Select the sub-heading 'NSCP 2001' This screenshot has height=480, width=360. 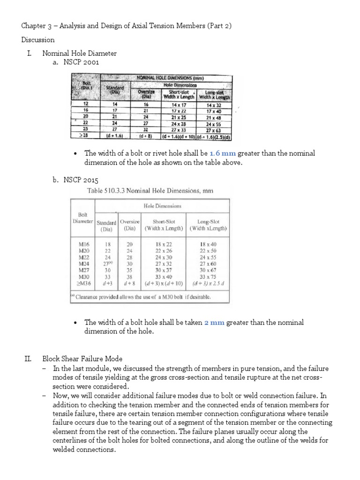point(82,62)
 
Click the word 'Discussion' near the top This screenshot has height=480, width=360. point(38,40)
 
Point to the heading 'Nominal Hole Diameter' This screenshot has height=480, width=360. point(80,53)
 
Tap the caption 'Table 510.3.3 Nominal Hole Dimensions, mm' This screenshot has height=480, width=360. point(150,191)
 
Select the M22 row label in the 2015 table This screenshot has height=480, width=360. point(82,257)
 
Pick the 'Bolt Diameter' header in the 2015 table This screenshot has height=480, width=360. point(82,218)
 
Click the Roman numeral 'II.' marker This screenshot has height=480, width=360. point(28,359)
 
